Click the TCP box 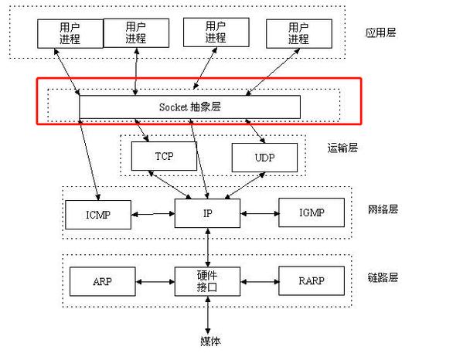pyautogui.click(x=164, y=156)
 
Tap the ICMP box pyautogui.click(x=98, y=214)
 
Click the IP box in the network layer pyautogui.click(x=206, y=211)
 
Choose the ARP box pyautogui.click(x=101, y=281)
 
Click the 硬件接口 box pyautogui.click(x=207, y=281)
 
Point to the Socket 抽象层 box pyautogui.click(x=189, y=107)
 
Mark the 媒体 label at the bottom pyautogui.click(x=207, y=340)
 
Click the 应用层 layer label pyautogui.click(x=380, y=33)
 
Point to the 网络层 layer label pyautogui.click(x=383, y=209)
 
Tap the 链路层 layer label pyautogui.click(x=383, y=277)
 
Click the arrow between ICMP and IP pyautogui.click(x=153, y=212)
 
